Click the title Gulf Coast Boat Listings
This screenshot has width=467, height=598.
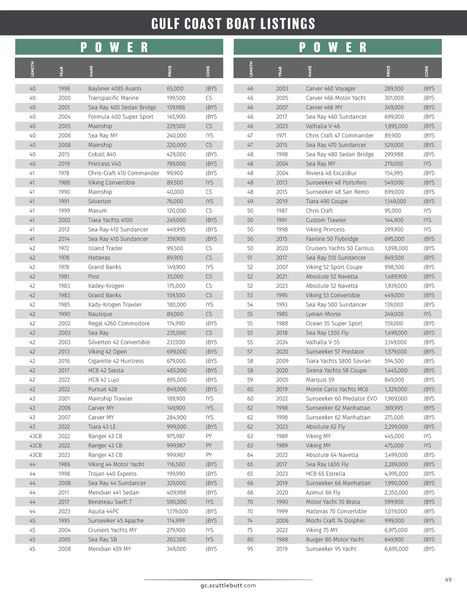(x=233, y=24)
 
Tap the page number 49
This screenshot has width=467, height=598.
(x=448, y=580)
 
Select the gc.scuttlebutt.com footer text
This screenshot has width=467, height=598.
(x=228, y=585)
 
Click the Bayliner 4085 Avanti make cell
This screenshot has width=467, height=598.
(x=115, y=88)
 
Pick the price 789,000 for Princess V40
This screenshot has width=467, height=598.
(x=176, y=164)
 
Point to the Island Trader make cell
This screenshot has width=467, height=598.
(x=105, y=248)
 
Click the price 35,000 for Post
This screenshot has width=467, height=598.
(x=175, y=276)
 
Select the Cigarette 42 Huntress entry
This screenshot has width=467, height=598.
(x=116, y=361)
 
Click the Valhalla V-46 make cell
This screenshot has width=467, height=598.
(x=323, y=126)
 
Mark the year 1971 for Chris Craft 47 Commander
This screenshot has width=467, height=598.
(x=281, y=136)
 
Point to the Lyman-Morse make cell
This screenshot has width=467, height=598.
(x=323, y=314)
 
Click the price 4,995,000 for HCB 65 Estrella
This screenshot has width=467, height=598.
(x=396, y=474)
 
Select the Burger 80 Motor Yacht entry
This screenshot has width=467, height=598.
(x=335, y=539)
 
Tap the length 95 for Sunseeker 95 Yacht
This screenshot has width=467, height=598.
(x=250, y=549)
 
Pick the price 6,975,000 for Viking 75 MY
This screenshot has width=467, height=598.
(x=396, y=530)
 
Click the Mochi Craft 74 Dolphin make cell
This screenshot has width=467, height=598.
(x=335, y=520)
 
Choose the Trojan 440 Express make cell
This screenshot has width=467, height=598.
(x=112, y=474)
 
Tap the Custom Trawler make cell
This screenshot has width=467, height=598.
(x=326, y=220)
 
